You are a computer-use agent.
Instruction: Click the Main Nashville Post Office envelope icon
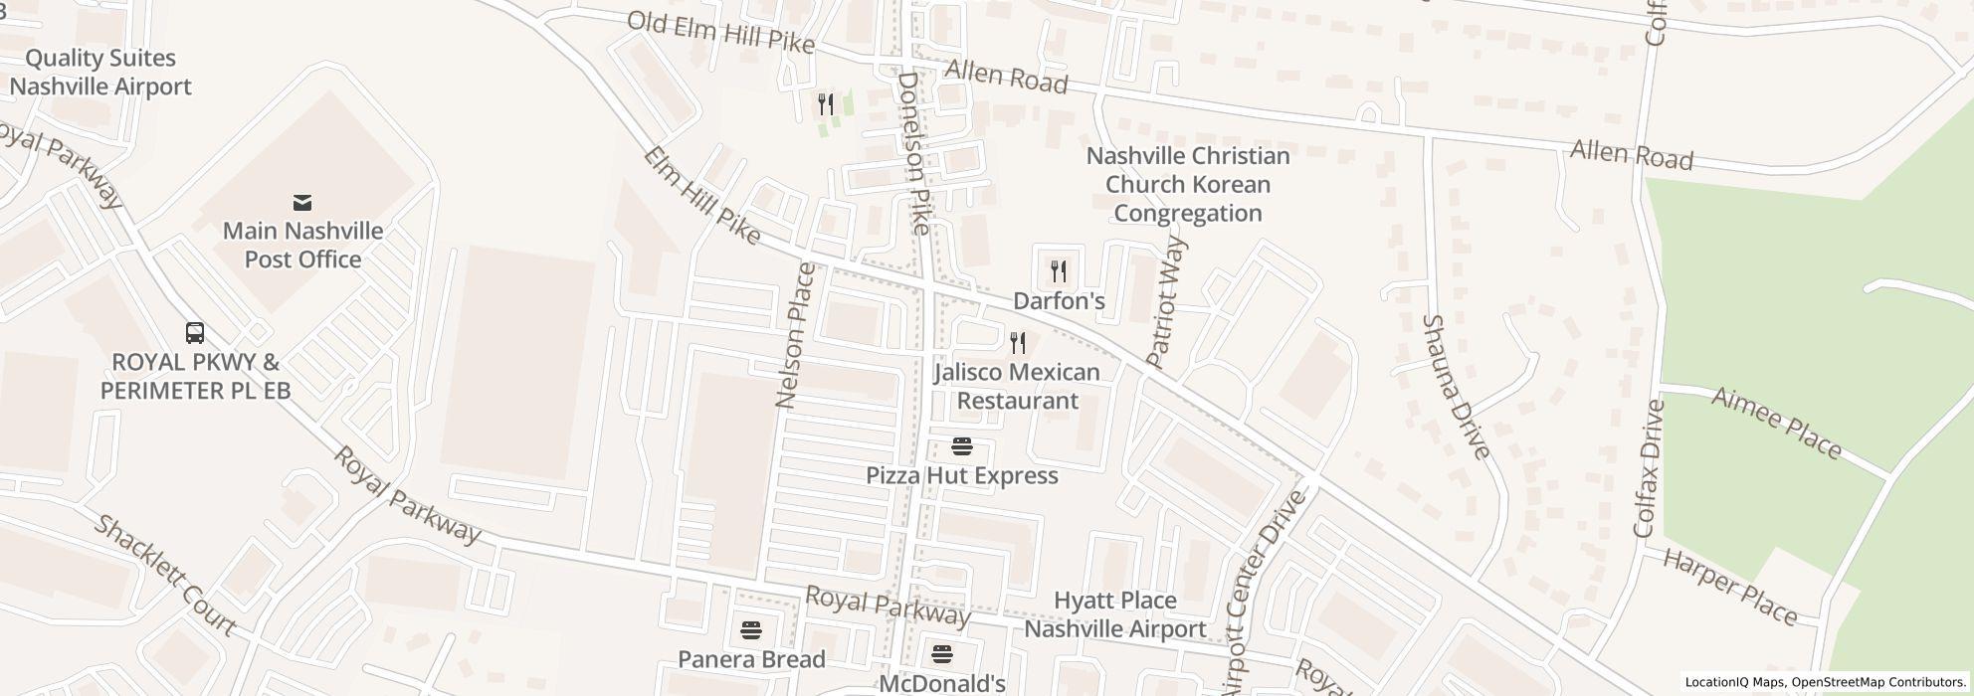(302, 203)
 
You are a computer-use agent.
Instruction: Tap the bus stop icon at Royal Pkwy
(195, 333)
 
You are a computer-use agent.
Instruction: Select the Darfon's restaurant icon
(1059, 270)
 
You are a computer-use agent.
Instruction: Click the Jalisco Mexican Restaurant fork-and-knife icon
(1017, 344)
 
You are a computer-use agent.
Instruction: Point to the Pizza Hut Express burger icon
(961, 446)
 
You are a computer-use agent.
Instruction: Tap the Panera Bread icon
(751, 630)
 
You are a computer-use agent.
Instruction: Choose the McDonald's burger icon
(941, 655)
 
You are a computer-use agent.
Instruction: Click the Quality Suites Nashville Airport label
(100, 73)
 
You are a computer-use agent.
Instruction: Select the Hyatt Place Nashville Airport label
(1114, 614)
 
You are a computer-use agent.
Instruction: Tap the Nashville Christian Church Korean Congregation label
(1187, 185)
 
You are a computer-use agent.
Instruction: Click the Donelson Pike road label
(913, 153)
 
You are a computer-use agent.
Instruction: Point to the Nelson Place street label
(795, 336)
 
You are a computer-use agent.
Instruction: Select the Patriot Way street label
(1166, 302)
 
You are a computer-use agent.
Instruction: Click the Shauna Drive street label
(1456, 387)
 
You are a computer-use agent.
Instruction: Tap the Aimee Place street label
(1776, 424)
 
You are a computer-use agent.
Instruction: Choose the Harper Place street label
(1729, 587)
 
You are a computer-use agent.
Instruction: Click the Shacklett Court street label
(165, 576)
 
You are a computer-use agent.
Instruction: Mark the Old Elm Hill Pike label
(720, 33)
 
